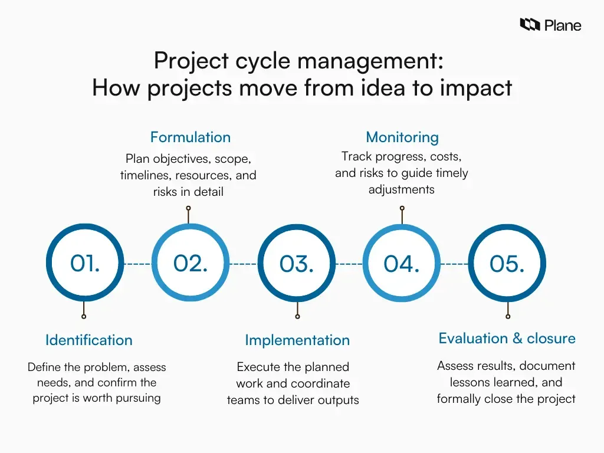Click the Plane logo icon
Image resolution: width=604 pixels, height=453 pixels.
tap(530, 24)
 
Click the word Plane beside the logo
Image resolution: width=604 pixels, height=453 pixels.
tap(563, 25)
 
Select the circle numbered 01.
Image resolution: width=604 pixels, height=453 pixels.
tap(84, 264)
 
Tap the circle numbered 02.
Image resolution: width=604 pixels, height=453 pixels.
tap(190, 264)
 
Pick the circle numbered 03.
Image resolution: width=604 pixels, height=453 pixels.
tap(296, 264)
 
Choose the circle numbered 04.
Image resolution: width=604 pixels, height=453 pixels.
tap(401, 264)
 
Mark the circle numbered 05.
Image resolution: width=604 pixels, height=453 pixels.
tap(507, 264)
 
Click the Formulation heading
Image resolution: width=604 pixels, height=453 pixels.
tap(190, 137)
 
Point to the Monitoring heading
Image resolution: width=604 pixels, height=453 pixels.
tap(402, 137)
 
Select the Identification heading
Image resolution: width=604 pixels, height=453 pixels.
tap(88, 340)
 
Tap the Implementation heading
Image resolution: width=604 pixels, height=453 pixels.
tap(297, 340)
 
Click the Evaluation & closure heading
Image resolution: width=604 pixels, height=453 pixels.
tap(507, 339)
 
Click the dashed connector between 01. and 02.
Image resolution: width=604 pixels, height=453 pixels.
tap(137, 264)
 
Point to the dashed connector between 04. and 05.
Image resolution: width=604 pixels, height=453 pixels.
tap(454, 264)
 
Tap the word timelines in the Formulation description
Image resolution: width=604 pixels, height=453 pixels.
tap(146, 175)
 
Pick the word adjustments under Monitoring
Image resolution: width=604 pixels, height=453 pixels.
tap(401, 189)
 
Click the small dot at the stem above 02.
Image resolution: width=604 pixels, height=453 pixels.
tap(188, 208)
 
